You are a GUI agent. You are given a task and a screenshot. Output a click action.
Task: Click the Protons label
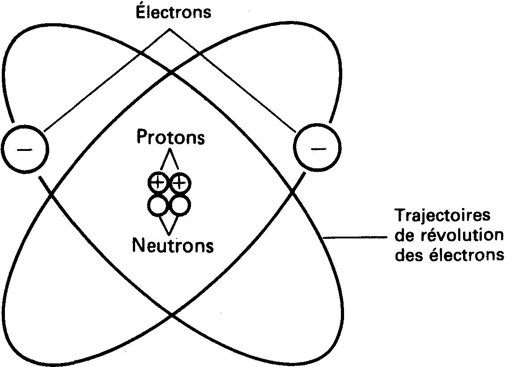[170, 138]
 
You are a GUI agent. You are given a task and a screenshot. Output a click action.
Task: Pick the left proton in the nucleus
[158, 182]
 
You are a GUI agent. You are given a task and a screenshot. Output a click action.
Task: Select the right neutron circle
[180, 205]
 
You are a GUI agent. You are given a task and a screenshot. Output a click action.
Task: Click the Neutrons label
[172, 245]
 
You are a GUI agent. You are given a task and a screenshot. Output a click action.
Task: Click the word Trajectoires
[442, 216]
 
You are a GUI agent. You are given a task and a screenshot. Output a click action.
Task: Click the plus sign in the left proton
[158, 182]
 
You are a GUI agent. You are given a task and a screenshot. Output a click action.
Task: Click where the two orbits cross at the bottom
[172, 315]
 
